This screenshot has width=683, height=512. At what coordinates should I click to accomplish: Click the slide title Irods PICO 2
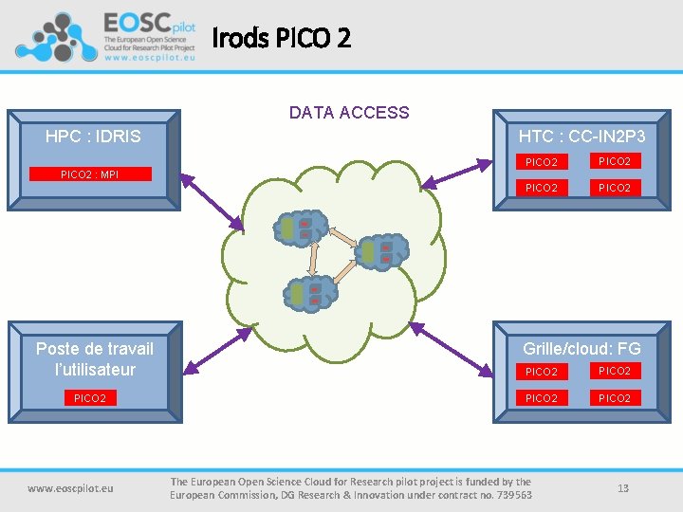pos(281,39)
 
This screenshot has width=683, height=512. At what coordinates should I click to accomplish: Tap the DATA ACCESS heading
pos(349,113)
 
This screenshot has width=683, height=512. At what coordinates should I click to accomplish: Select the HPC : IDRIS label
pos(93,137)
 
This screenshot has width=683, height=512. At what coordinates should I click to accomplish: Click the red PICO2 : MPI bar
pos(89,174)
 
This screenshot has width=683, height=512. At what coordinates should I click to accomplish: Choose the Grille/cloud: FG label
pos(581,348)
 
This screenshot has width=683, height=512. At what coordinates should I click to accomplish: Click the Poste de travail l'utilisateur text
pos(94,358)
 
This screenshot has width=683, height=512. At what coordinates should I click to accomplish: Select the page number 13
pos(623,488)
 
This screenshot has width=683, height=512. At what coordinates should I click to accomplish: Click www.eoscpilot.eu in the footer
pos(70,488)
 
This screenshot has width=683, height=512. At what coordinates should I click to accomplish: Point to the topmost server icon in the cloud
pos(299,229)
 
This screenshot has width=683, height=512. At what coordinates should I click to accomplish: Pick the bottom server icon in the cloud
pos(309,294)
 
